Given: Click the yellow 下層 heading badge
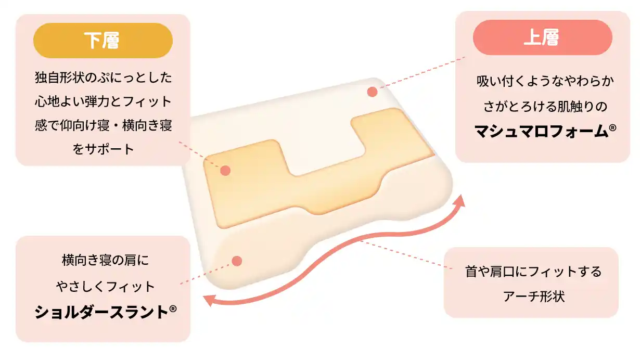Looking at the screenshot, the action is [x=103, y=41].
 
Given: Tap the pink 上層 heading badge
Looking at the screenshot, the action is [x=543, y=37].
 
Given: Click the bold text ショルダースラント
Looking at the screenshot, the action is [x=101, y=312].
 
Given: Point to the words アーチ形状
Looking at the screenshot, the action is [x=534, y=297].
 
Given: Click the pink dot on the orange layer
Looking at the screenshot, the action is [x=225, y=171].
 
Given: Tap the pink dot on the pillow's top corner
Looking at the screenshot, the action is [x=372, y=92].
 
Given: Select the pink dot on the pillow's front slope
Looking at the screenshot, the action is [x=237, y=261].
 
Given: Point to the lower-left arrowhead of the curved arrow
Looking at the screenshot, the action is [x=209, y=300].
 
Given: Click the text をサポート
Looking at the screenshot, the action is [x=103, y=149].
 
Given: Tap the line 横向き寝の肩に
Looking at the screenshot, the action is [x=105, y=260].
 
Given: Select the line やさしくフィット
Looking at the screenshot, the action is [x=106, y=287].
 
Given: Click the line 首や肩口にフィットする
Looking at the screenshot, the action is [x=533, y=272].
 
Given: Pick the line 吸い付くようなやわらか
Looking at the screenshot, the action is [x=545, y=81].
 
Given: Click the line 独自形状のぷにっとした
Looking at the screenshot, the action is [x=104, y=78].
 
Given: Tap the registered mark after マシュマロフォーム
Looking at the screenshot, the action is [x=612, y=127].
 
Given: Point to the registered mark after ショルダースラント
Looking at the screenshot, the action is [x=173, y=309].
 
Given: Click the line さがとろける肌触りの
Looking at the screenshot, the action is [x=545, y=106].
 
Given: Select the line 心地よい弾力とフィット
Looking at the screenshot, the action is [x=103, y=102].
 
